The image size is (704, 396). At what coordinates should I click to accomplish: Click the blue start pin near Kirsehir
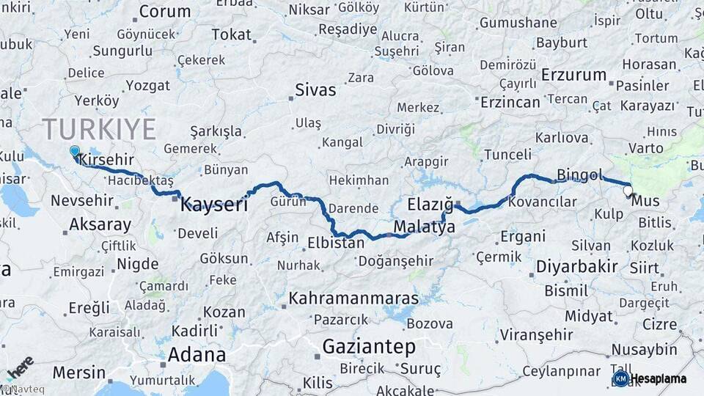tap(74, 152)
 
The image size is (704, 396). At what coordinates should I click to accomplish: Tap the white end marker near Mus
tap(628, 191)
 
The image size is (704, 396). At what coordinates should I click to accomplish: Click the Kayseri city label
tap(213, 205)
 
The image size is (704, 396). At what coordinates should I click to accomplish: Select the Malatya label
tap(424, 228)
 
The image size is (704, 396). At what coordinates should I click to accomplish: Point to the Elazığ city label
tap(430, 205)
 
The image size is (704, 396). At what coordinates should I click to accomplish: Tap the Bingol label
tap(579, 175)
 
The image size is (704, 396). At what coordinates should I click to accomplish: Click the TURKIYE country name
tap(99, 129)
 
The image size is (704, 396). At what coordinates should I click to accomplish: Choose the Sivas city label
tap(315, 90)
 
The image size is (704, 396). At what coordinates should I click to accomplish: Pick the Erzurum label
tap(574, 75)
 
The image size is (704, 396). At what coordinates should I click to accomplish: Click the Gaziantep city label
tap(369, 347)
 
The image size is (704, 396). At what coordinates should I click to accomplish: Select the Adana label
tap(197, 355)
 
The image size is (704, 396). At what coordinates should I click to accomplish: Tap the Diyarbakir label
tap(576, 266)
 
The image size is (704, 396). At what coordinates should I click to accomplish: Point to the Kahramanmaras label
tap(353, 298)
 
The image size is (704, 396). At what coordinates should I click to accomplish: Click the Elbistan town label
tap(335, 242)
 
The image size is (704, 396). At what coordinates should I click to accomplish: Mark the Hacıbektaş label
tap(139, 180)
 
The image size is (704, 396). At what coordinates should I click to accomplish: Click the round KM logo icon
tap(620, 378)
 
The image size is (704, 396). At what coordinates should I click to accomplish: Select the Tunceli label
tap(507, 155)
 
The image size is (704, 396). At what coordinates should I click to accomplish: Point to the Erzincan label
tap(510, 102)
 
